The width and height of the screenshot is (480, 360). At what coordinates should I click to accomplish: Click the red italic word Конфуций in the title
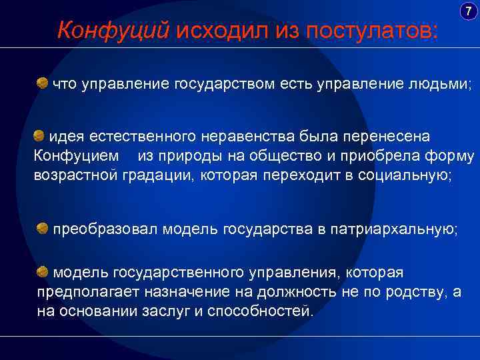point(115,29)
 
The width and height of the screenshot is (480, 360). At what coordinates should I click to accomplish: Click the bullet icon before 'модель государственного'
point(42,271)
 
